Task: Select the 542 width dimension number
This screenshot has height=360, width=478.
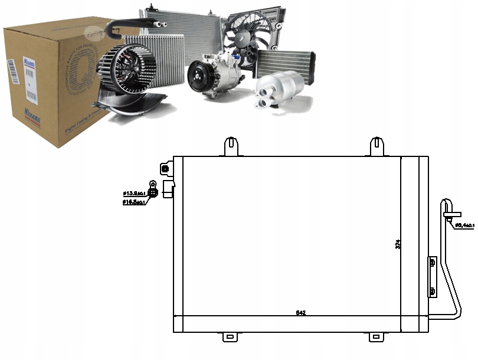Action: click(x=301, y=312)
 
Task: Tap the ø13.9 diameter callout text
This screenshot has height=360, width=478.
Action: click(x=134, y=193)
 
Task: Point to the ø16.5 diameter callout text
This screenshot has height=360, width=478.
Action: click(x=134, y=202)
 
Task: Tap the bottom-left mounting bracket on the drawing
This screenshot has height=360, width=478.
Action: click(x=230, y=337)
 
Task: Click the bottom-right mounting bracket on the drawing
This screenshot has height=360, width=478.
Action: click(x=376, y=337)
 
